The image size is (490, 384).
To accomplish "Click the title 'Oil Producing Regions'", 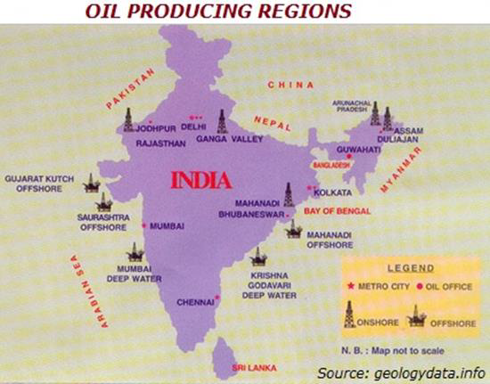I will pos(217,12).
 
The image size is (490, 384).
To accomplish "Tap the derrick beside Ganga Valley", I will pos(223,120).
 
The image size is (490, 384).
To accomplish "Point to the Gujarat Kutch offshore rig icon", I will pos(90,182).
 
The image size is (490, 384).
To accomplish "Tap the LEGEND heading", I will pos(411,267).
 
